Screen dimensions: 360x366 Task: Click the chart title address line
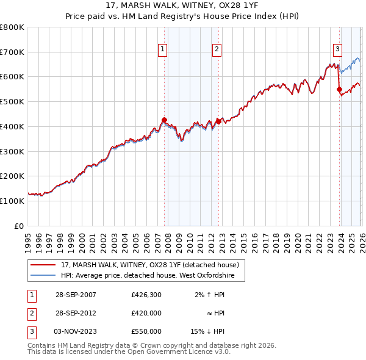coord(183,5)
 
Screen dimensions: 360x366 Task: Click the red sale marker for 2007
coord(164,120)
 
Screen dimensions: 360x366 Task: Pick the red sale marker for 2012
coord(218,121)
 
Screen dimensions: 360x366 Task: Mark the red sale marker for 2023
coord(339,89)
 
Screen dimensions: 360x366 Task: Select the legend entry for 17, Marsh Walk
coord(153,265)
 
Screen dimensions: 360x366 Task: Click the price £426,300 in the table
coord(146,295)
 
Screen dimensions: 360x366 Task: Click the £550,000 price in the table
coord(146,331)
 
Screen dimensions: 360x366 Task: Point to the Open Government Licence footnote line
coord(129,352)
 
